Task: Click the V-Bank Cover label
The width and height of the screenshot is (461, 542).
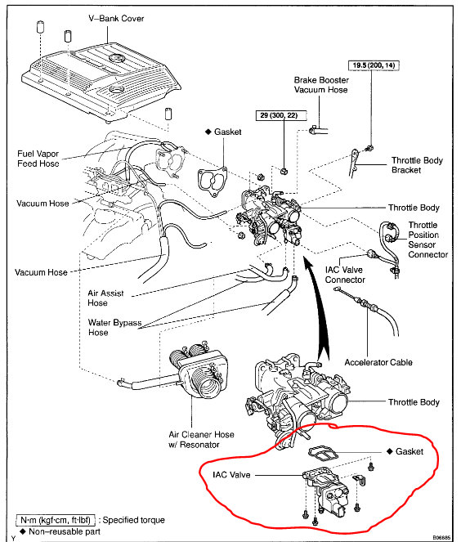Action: point(116,18)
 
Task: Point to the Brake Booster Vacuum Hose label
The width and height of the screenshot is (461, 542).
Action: point(321,85)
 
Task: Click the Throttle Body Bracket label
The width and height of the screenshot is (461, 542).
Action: point(417,165)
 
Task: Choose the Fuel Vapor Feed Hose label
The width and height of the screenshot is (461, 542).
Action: point(38,159)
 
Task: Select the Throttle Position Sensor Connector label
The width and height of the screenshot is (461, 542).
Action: point(427,240)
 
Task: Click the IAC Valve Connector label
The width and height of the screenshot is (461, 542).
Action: point(345,275)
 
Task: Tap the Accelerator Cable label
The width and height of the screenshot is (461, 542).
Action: point(378,362)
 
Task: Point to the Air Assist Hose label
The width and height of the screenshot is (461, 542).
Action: point(105,298)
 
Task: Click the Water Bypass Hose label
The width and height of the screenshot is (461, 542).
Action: point(114,327)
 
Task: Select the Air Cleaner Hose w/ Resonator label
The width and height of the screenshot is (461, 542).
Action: point(201,439)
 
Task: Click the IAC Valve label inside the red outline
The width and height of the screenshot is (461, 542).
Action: point(231,475)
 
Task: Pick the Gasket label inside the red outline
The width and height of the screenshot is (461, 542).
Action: point(410,451)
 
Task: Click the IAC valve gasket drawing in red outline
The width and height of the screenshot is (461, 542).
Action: point(324,452)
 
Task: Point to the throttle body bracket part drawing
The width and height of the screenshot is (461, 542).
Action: point(354,163)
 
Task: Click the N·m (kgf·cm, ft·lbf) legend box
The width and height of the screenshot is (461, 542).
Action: point(56,520)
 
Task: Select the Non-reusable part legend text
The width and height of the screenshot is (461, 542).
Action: point(65,531)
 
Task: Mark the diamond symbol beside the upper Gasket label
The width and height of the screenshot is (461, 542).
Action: point(208,132)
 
